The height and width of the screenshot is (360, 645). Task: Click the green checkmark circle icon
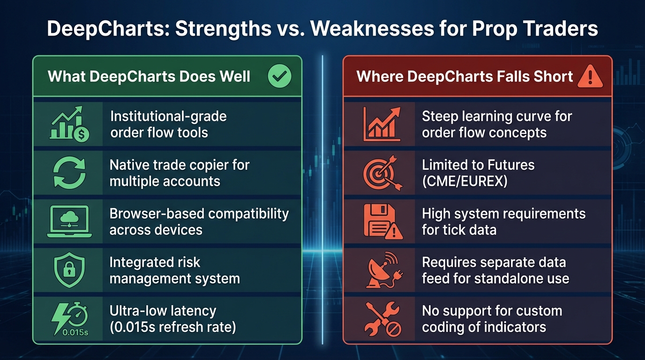[279, 76]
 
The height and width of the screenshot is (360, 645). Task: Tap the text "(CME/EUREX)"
[465, 181]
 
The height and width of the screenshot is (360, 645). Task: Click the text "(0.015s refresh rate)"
[172, 327]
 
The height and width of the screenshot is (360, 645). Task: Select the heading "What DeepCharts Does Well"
[149, 76]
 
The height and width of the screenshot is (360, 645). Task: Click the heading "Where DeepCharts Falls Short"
[465, 76]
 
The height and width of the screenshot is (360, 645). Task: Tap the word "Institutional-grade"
[168, 116]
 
